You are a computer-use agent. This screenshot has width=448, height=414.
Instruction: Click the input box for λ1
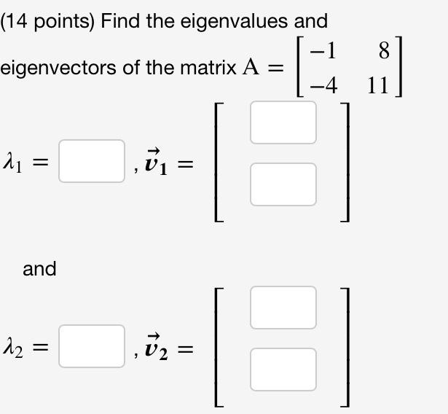91,161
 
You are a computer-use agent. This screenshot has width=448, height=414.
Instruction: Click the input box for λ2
91,345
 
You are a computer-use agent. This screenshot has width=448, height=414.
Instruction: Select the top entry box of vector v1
283,122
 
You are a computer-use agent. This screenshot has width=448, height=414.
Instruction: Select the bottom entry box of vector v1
283,184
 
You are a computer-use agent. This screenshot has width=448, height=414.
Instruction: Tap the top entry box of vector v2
283,308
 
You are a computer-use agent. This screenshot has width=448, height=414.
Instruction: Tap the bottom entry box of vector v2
283,369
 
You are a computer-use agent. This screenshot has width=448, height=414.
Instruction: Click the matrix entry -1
323,52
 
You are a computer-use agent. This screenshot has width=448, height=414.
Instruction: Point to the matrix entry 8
385,52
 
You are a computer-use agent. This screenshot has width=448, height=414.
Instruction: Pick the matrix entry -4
323,85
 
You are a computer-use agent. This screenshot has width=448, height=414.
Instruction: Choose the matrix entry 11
378,85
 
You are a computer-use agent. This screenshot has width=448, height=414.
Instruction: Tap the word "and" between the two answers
39,269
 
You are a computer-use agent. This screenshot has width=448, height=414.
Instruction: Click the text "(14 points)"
47,21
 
